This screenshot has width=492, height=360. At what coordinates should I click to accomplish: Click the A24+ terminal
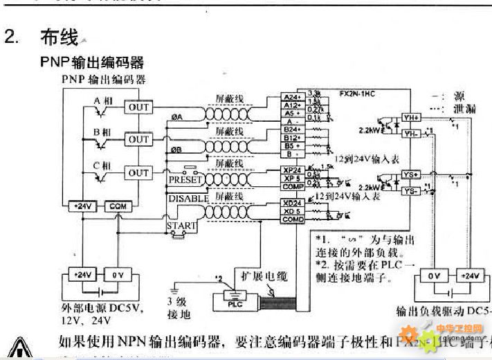coord(292,98)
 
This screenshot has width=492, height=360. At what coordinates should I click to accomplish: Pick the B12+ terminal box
coord(292,137)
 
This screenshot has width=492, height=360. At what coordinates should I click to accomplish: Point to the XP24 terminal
coord(292,170)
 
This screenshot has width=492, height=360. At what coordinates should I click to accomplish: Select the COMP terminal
coord(292,186)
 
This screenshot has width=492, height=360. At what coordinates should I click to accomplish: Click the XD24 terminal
coord(292,203)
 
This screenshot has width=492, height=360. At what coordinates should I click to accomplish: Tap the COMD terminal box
coord(292,219)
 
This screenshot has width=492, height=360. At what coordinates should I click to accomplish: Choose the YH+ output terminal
coord(410,118)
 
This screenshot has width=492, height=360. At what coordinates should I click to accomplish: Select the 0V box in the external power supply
coord(117,275)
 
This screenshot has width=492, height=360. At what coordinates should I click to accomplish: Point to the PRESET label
coord(186,180)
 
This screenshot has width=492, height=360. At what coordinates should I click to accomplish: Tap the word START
coord(181,226)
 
